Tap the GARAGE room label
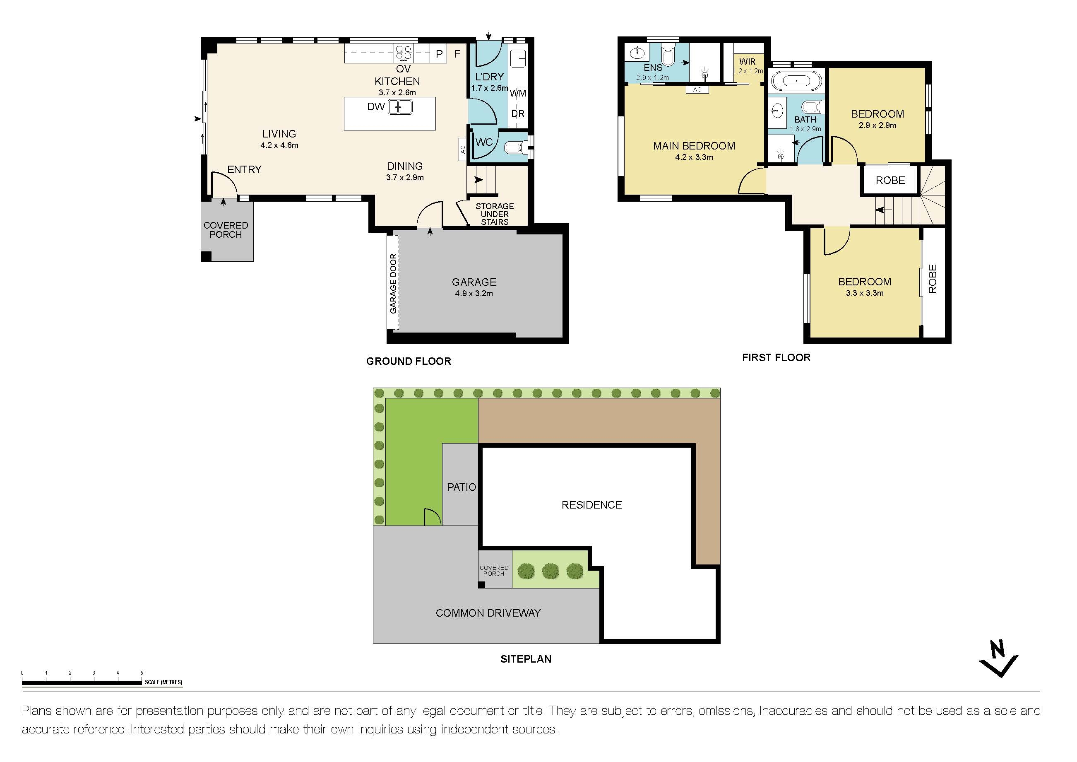tap(474, 282)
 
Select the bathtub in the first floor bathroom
tap(796, 81)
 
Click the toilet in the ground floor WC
tap(514, 148)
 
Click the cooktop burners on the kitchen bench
tap(404, 53)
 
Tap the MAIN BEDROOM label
tap(694, 146)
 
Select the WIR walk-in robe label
tap(747, 61)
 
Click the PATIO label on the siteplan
tap(461, 487)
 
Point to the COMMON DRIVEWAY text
tap(488, 613)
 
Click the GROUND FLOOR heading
tap(409, 361)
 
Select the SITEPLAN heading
tap(526, 659)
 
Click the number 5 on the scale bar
tap(142, 673)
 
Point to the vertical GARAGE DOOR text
tap(393, 283)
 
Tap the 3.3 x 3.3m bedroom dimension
tap(865, 293)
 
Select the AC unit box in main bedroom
tap(697, 89)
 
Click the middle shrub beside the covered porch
tap(550, 571)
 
